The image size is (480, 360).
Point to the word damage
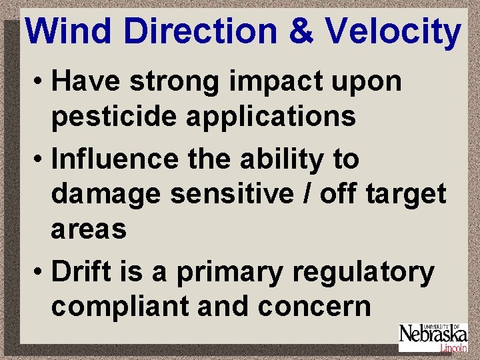click(x=105, y=194)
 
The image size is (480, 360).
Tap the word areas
click(x=89, y=229)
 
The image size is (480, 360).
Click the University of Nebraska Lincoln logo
click(x=433, y=337)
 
